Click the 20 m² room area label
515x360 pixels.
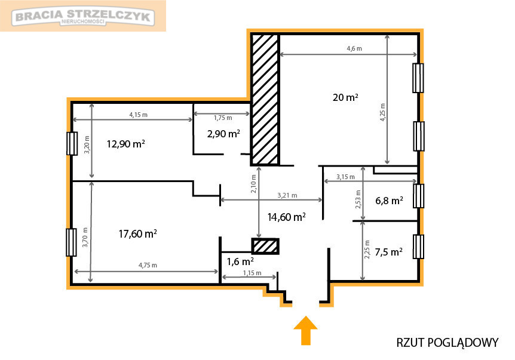(345, 97)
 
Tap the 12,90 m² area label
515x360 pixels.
(126, 144)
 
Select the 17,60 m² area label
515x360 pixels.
(137, 233)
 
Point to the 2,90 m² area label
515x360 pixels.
(223, 134)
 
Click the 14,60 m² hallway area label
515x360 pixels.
(286, 217)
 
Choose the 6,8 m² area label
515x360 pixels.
(389, 201)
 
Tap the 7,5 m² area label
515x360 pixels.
(388, 252)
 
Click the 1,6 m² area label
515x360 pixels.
(240, 261)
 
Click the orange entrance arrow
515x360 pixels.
(306, 331)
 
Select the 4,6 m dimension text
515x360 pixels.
(354, 48)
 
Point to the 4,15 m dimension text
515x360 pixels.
(138, 115)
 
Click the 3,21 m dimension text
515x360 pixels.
(287, 196)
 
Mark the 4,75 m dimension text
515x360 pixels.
(148, 265)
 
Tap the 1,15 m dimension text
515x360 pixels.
(252, 273)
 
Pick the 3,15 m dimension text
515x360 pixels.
(345, 177)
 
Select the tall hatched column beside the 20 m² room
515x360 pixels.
(265, 99)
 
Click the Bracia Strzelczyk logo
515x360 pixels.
(83, 16)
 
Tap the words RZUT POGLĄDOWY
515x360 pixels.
(447, 343)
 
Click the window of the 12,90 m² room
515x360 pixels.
(72, 143)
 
